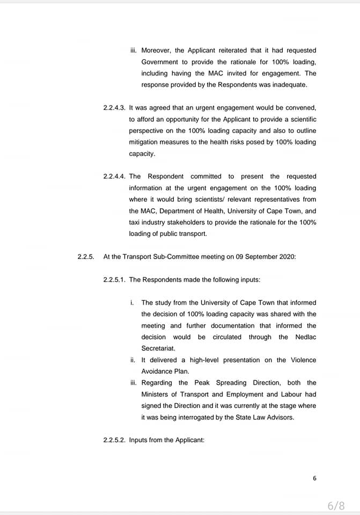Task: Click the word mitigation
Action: (145, 142)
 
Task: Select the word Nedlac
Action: (306, 337)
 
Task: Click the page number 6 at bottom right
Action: (314, 479)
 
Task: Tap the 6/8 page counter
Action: (336, 505)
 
